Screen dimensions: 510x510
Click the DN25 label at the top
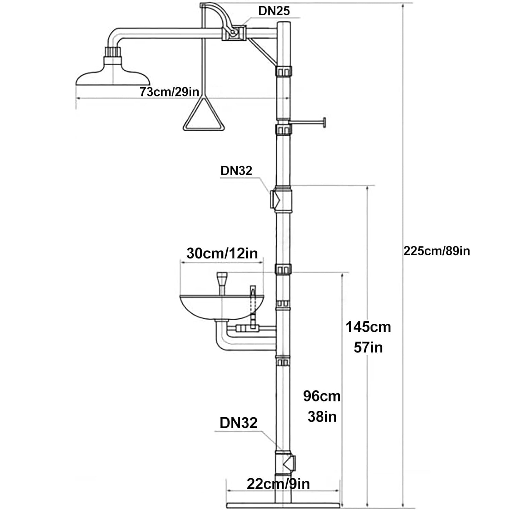[274, 11]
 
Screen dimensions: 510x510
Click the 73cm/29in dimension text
[169, 91]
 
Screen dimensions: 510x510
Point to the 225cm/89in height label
[437, 251]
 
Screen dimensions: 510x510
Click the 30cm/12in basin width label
[222, 253]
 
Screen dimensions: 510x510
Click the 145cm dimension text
[368, 327]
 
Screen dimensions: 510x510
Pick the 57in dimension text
[368, 347]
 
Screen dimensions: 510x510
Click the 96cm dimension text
[322, 396]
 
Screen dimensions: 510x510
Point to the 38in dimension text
[322, 417]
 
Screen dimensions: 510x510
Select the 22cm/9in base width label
[278, 484]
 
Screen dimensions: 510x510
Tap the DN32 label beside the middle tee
[236, 170]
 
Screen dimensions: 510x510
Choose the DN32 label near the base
[238, 423]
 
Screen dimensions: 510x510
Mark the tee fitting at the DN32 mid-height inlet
[281, 199]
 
